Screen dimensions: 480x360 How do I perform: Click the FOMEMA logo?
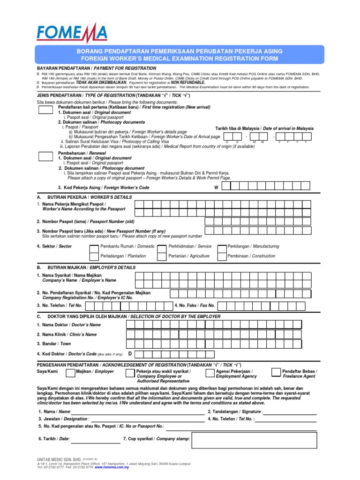tap(72, 34)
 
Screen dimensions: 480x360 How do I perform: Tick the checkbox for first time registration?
tap(45, 110)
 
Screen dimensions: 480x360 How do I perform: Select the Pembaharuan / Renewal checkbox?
tap(45, 156)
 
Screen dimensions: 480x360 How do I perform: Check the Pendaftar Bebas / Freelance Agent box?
tap(276, 372)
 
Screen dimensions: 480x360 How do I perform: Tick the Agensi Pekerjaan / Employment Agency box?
tap(210, 372)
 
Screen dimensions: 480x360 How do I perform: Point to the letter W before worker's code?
tap(216, 187)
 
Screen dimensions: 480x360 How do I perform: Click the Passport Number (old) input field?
tap(225, 221)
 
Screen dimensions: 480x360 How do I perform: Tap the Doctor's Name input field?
tap(225, 324)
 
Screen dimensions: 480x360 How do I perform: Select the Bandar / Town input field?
tap(225, 344)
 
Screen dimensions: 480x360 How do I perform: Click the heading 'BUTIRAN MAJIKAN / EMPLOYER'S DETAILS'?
tap(89, 267)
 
